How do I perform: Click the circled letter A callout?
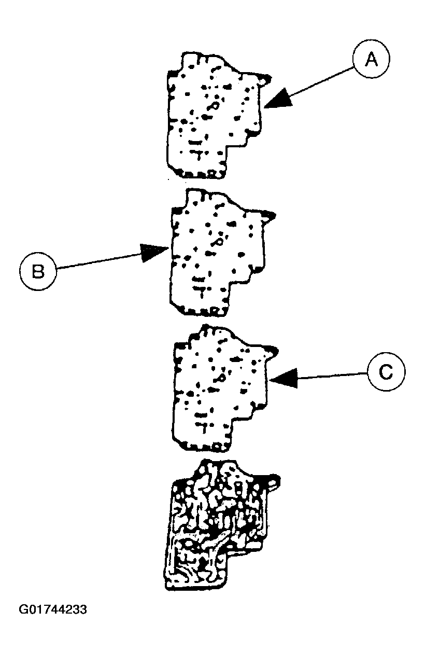click(371, 60)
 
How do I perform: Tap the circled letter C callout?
click(386, 372)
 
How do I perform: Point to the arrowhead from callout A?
click(274, 100)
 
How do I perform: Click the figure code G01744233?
click(53, 609)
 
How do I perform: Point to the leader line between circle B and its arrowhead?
click(98, 261)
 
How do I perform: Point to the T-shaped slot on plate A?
click(196, 154)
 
